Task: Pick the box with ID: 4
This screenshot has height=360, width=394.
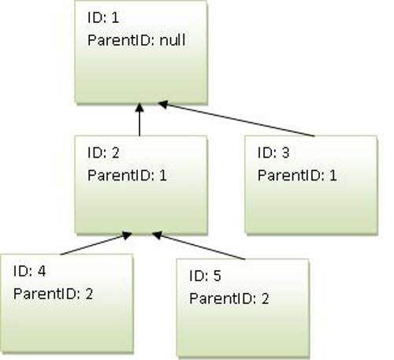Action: [x=66, y=303]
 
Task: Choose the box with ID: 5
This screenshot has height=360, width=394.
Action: [x=242, y=307]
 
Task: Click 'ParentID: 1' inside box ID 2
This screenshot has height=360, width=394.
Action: [x=126, y=174]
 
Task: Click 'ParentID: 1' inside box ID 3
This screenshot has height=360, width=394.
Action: [x=296, y=174]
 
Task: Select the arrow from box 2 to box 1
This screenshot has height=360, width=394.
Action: [x=139, y=120]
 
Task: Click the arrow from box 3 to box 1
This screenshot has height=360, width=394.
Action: [x=236, y=119]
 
